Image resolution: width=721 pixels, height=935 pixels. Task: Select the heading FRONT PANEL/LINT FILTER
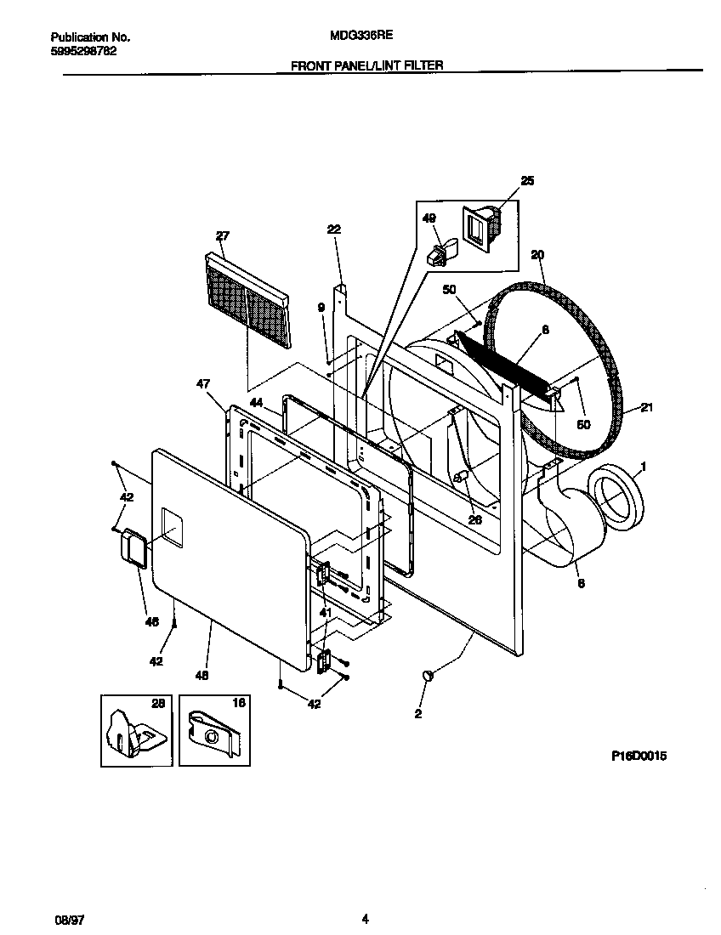[367, 65]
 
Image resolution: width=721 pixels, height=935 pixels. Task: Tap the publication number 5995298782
[83, 50]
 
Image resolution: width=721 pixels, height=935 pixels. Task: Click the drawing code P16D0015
[638, 755]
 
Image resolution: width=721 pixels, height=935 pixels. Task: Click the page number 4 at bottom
[365, 918]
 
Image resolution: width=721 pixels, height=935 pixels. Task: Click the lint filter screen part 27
[247, 302]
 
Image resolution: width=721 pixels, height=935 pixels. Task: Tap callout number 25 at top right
[527, 181]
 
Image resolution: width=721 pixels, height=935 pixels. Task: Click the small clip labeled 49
[440, 252]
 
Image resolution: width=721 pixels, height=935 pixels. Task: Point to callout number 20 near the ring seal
[536, 254]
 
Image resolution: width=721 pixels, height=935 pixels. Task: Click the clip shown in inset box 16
[215, 730]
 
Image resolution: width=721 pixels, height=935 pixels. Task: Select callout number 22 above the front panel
[333, 229]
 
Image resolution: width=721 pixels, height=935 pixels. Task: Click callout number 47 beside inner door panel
[205, 385]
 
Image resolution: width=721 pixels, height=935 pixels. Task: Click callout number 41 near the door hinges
[325, 612]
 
